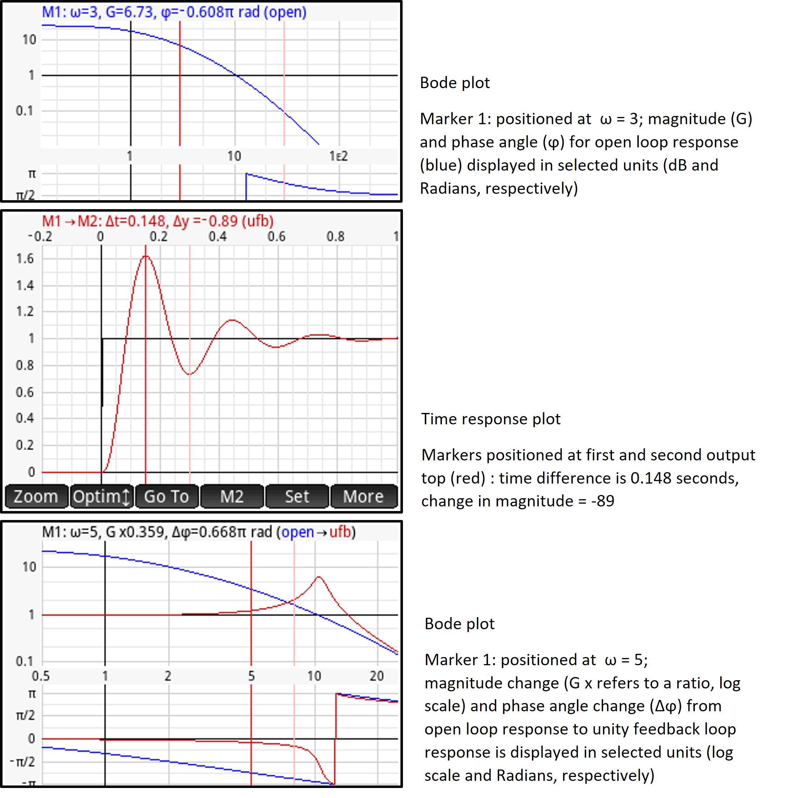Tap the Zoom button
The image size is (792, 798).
36,496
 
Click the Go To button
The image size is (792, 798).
166,496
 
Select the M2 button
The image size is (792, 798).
232,496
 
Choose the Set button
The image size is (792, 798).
297,496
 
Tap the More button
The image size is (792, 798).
363,496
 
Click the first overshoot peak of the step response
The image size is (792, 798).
146,257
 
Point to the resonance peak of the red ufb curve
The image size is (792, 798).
319,577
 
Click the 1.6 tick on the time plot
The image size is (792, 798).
25,259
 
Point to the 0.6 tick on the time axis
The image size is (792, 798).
276,237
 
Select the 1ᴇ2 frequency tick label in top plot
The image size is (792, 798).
339,156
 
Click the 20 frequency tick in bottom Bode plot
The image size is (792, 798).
377,676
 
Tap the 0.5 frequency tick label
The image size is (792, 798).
40,676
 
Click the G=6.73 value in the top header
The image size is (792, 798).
129,12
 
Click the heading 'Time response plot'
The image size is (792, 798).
490,419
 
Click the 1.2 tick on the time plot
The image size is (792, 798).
25,312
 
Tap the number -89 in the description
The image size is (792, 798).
603,501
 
